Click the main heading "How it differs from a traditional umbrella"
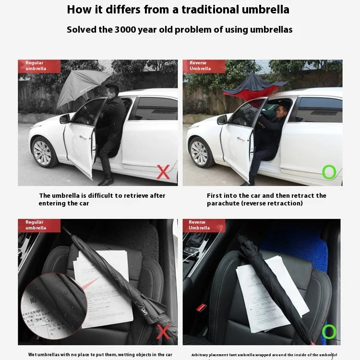click(x=178, y=9)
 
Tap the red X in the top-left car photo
click(x=163, y=172)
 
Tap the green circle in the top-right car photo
click(x=329, y=172)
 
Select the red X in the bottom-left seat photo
click(x=163, y=332)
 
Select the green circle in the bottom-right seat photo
click(x=329, y=332)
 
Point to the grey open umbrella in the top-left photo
click(x=79, y=86)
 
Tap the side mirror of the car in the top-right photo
click(x=222, y=120)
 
